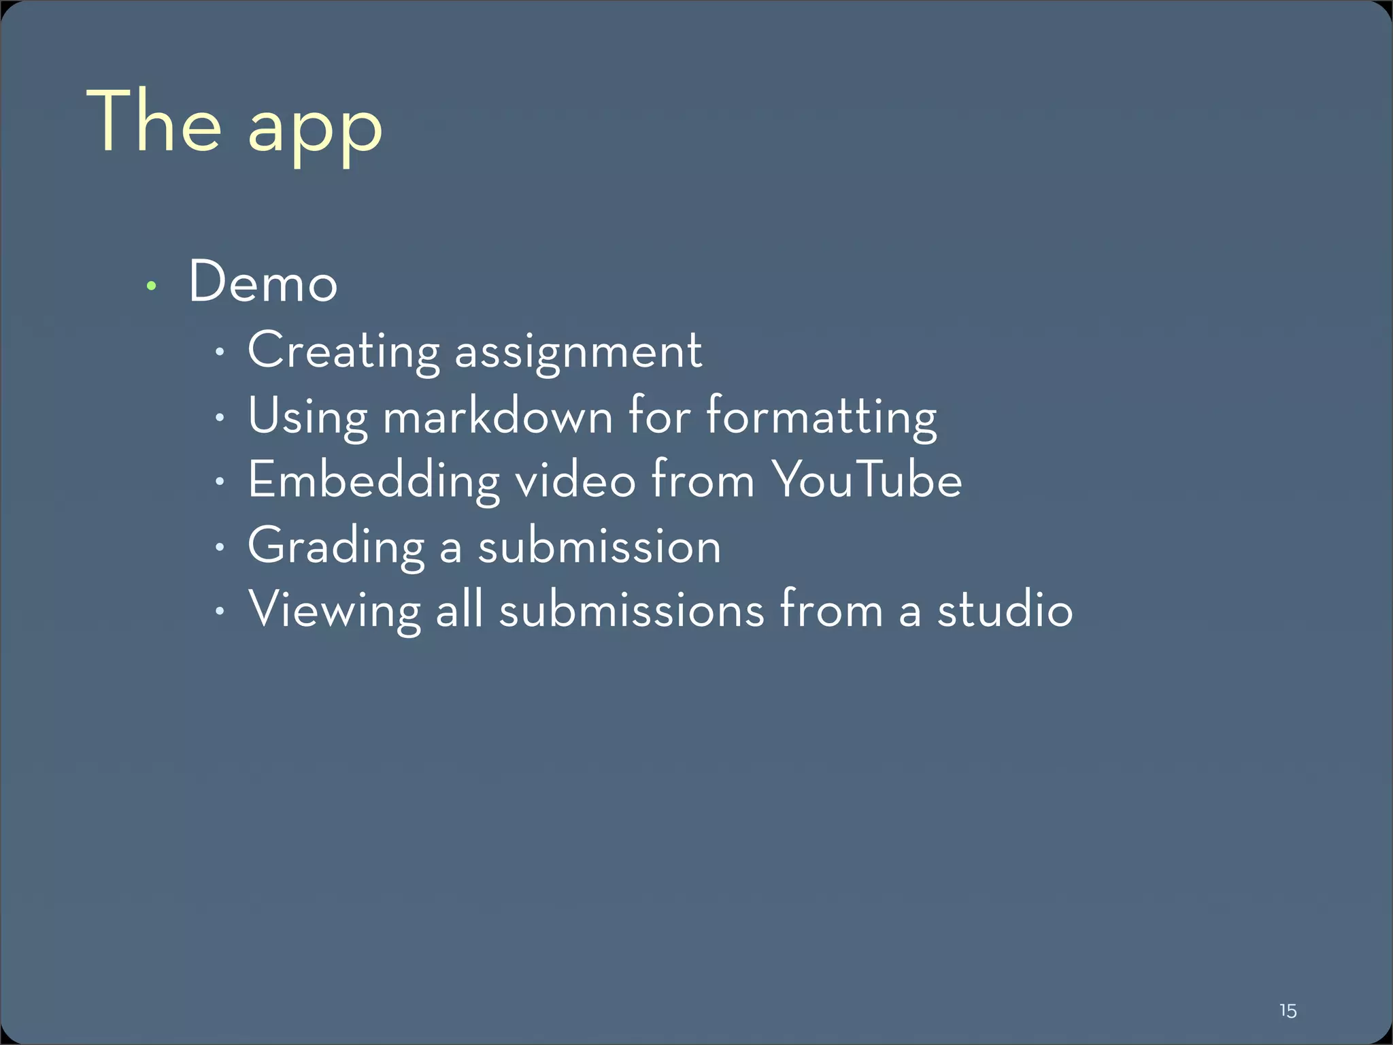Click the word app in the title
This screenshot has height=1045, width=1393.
click(315, 129)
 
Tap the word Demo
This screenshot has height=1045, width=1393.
click(263, 282)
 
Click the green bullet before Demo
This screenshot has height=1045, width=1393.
click(152, 286)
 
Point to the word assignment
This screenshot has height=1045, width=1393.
click(578, 353)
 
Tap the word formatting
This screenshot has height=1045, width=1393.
click(822, 416)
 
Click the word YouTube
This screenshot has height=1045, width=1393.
click(867, 479)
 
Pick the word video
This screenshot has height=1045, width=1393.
click(575, 479)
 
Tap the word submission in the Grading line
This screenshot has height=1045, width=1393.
click(599, 546)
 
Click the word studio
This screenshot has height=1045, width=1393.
click(1005, 609)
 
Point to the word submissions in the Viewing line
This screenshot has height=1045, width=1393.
click(632, 609)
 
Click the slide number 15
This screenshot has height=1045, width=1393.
click(1288, 1010)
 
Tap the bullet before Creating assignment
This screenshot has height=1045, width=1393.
click(218, 352)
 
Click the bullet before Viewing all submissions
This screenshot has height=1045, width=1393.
click(218, 611)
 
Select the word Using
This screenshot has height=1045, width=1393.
click(307, 416)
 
